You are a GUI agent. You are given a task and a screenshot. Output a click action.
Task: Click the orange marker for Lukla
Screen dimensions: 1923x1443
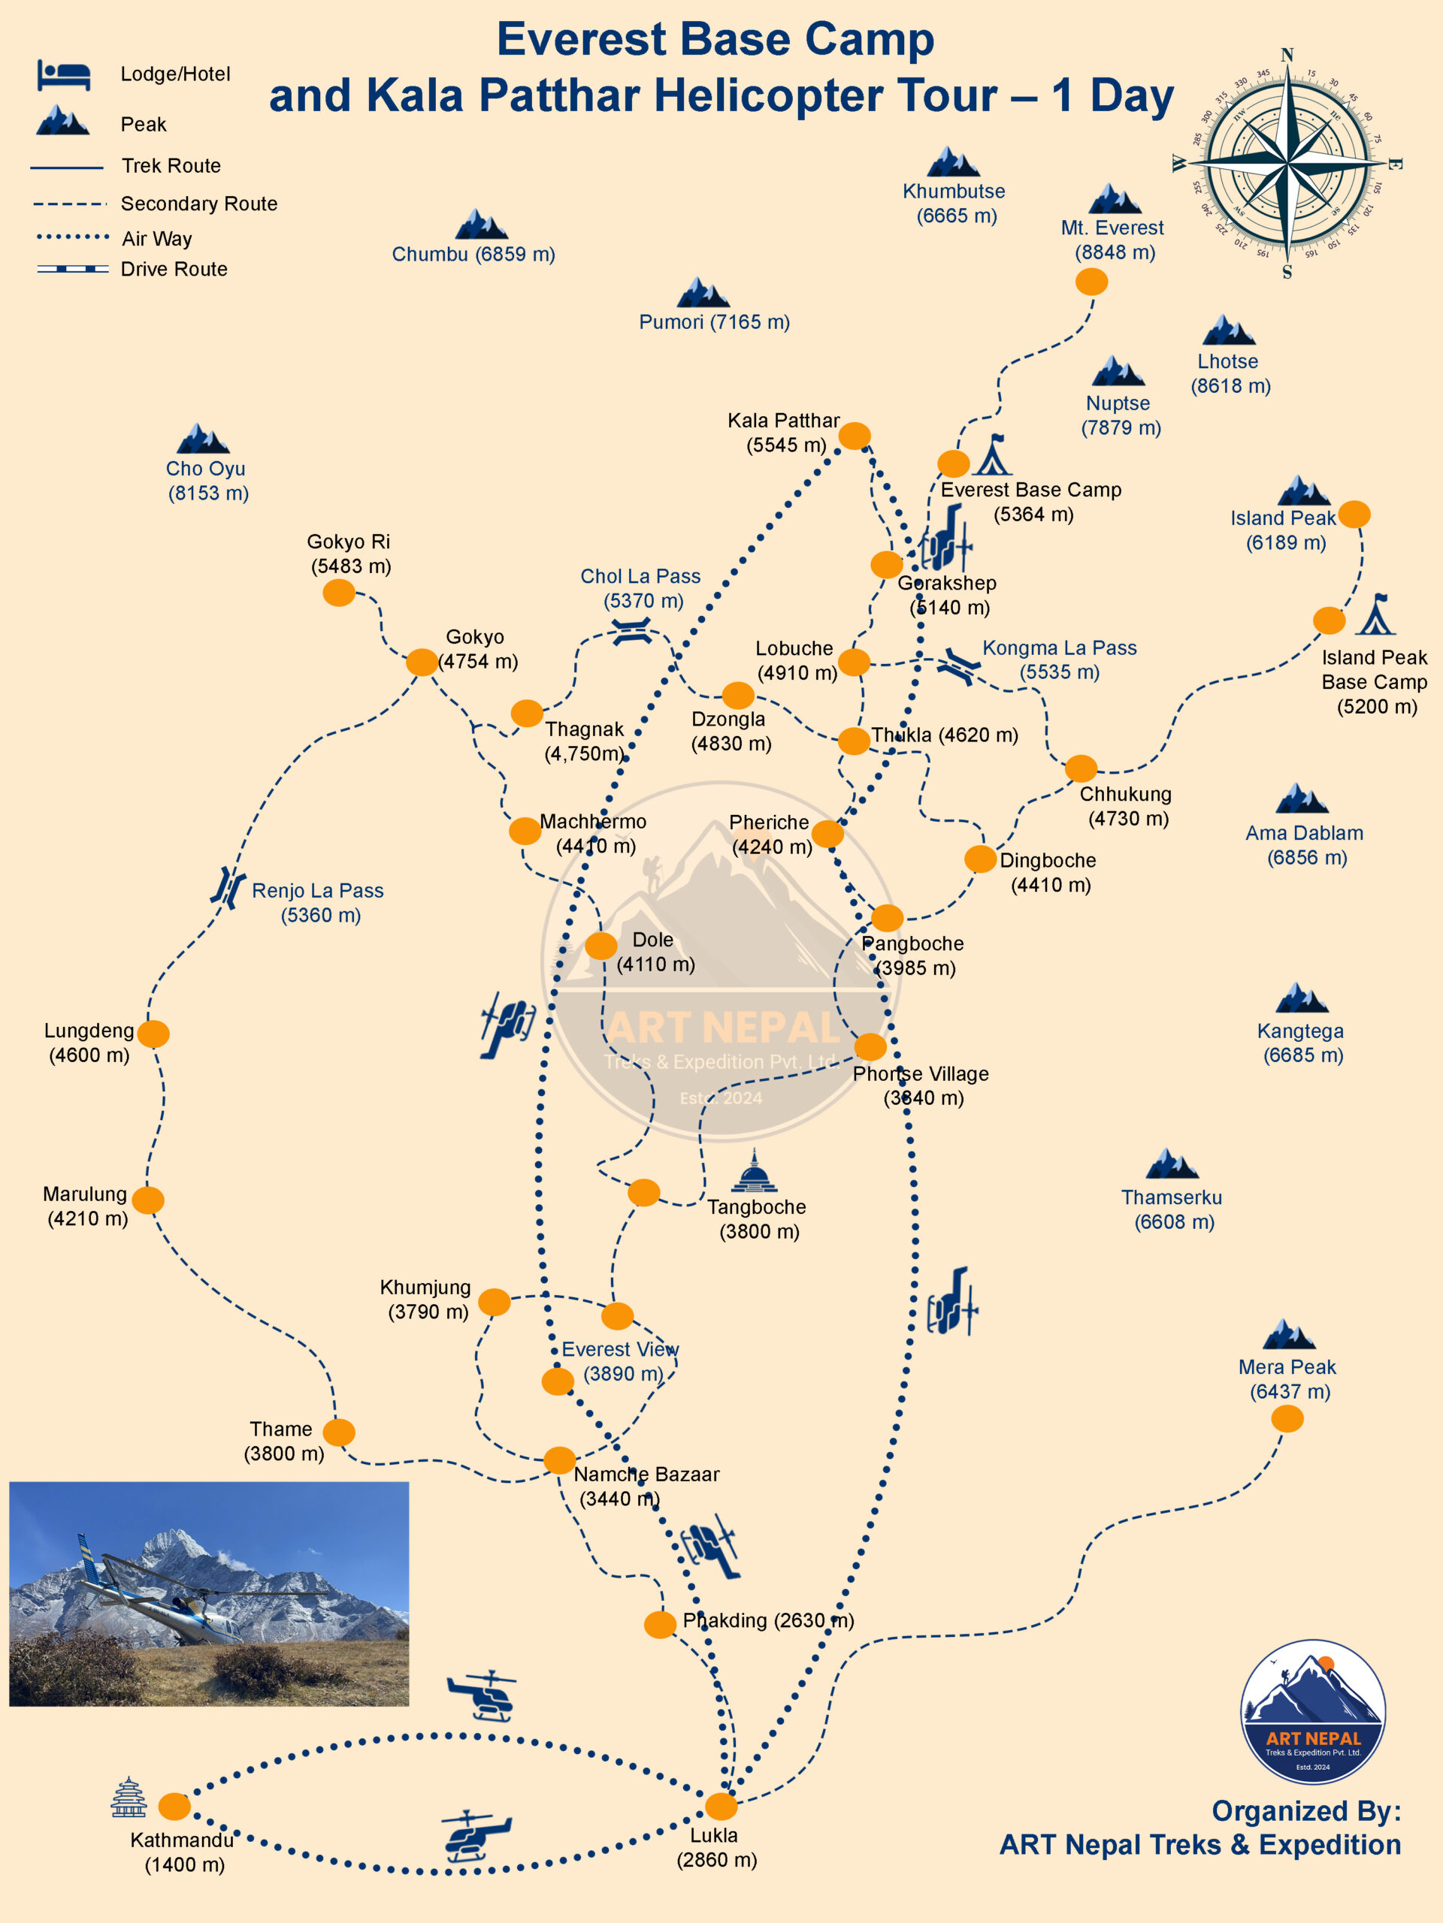[x=720, y=1806]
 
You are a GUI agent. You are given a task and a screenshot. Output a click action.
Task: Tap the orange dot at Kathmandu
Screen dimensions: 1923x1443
[x=175, y=1806]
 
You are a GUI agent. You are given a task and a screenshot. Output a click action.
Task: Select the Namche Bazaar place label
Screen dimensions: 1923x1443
[x=646, y=1486]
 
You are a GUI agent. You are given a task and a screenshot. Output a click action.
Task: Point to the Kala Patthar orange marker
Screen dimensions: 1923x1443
[x=854, y=436]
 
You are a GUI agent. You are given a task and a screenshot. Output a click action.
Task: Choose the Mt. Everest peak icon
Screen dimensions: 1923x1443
[x=1115, y=199]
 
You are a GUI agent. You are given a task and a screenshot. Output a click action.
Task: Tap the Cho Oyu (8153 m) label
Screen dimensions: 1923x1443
[x=207, y=481]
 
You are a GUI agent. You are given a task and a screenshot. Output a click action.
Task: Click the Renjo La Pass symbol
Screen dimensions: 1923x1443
[x=228, y=888]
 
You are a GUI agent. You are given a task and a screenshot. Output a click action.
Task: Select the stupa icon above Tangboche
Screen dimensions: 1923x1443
[x=754, y=1171]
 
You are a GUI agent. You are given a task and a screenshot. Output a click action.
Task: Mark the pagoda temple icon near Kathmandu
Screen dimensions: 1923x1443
[x=129, y=1797]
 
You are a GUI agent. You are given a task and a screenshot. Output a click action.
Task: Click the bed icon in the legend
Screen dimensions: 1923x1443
[x=63, y=76]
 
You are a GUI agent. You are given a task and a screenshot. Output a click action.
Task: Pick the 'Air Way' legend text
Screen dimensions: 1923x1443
[x=156, y=238]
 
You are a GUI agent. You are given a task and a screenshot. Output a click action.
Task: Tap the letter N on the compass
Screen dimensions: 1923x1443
[x=1287, y=56]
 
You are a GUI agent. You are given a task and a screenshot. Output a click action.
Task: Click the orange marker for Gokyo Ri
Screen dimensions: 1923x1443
[x=338, y=593]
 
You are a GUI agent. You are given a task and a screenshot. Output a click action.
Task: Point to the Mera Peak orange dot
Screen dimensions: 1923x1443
[x=1287, y=1418]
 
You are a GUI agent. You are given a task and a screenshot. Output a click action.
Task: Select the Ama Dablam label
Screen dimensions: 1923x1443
[x=1305, y=845]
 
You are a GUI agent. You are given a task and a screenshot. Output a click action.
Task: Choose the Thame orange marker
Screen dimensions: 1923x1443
[x=338, y=1432]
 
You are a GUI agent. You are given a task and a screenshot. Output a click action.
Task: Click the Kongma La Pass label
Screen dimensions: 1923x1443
[x=1060, y=660]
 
